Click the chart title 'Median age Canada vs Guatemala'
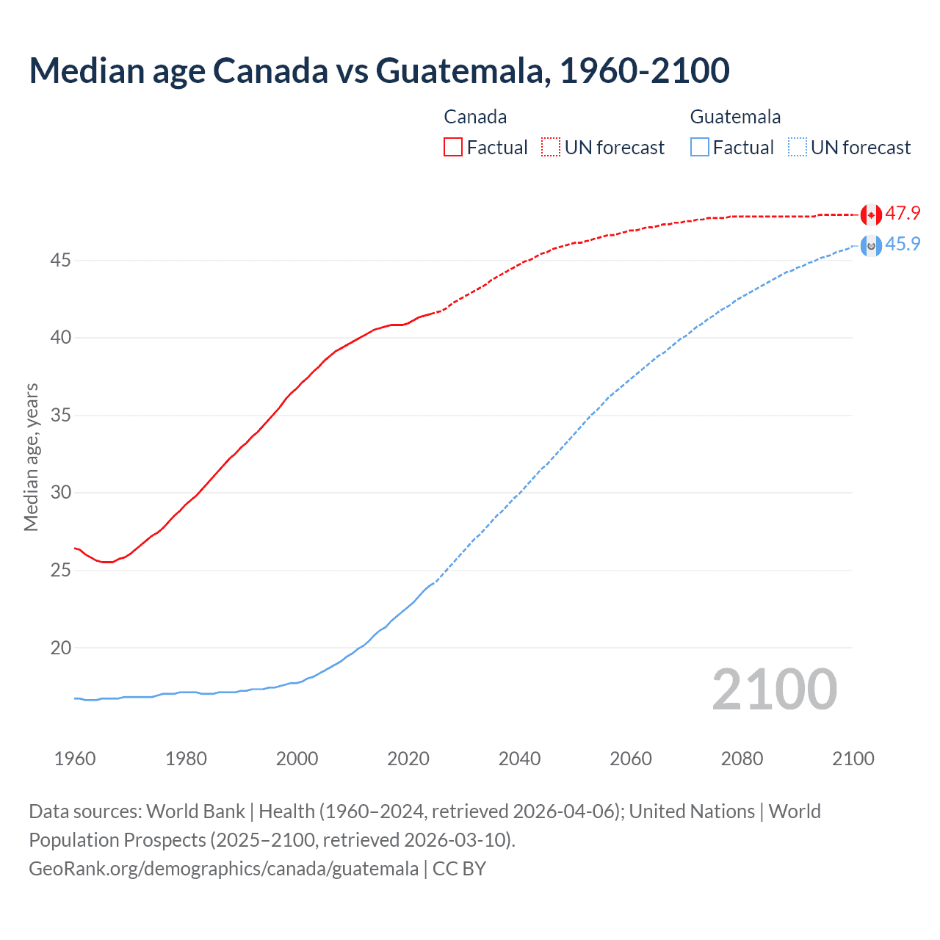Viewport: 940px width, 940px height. (379, 70)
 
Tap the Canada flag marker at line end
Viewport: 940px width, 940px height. (871, 214)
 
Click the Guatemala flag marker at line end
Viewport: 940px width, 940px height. (871, 245)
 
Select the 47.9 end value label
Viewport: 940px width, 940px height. (903, 214)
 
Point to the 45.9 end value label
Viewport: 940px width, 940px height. (903, 245)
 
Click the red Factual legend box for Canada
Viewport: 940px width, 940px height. (453, 148)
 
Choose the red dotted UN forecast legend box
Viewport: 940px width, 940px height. (551, 148)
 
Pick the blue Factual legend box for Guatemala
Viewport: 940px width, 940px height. (700, 148)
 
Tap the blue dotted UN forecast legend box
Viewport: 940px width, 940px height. (798, 148)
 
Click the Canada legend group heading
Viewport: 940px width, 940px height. (475, 117)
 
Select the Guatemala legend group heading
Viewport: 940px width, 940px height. (735, 117)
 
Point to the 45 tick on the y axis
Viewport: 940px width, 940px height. (61, 261)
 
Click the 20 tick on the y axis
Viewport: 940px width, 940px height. (61, 648)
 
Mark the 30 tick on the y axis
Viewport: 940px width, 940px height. (61, 493)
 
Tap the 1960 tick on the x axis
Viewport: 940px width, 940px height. (75, 759)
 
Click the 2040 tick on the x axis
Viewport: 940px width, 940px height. (519, 759)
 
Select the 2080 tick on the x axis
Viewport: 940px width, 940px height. (742, 759)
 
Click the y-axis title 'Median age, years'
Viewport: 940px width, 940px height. (31, 457)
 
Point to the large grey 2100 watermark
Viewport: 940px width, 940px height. (774, 690)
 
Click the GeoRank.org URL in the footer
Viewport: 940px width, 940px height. (223, 869)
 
